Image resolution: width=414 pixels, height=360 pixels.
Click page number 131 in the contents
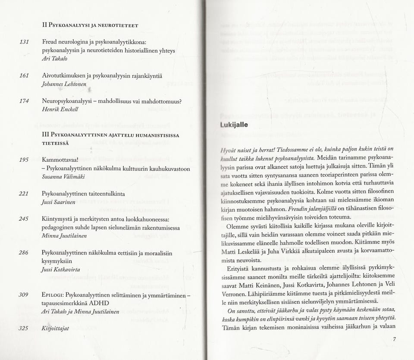[x=24, y=41]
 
